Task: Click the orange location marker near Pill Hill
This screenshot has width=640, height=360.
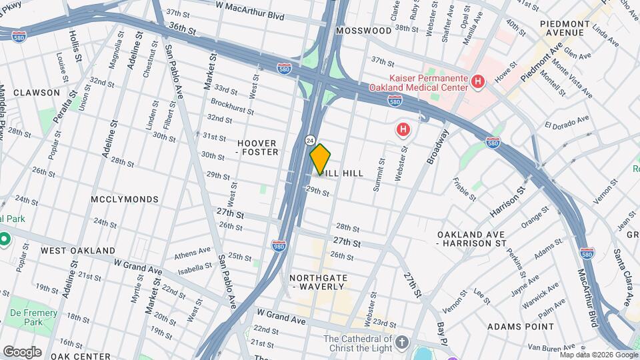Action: [x=320, y=159]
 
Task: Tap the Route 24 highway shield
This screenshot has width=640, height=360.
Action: [x=311, y=140]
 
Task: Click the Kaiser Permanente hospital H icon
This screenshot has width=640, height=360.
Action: [x=477, y=81]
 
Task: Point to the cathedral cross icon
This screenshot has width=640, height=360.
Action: [x=401, y=343]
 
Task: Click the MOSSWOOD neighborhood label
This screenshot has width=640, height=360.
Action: [x=363, y=31]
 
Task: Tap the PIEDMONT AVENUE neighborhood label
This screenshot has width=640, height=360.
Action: [x=564, y=27]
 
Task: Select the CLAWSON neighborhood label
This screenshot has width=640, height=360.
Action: [x=36, y=93]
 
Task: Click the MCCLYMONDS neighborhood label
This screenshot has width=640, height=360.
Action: [x=126, y=199]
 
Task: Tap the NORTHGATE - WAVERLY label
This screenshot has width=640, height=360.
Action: [x=317, y=281]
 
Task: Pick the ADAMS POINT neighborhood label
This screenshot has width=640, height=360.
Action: [x=521, y=327]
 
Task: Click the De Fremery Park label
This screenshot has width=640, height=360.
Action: [x=33, y=318]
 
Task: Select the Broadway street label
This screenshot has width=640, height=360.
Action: [x=435, y=147]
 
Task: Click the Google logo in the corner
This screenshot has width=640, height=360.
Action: [x=22, y=351]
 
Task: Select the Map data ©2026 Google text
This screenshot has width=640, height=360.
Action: [x=598, y=355]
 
